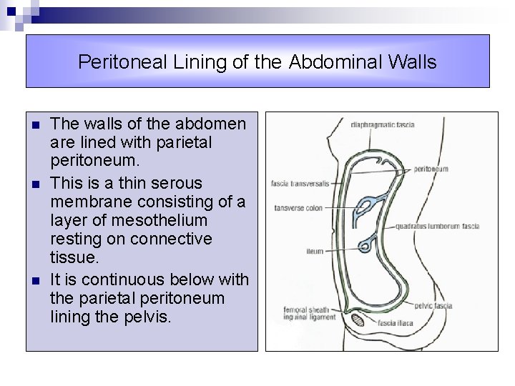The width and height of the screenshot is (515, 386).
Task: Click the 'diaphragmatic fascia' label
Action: coord(382,124)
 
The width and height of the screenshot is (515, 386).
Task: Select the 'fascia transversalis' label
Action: coord(300,184)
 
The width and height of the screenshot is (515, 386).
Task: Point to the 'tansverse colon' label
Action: coord(299,209)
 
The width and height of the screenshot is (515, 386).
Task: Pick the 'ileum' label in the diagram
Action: coord(315,252)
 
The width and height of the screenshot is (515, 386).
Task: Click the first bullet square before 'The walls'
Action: coord(35,125)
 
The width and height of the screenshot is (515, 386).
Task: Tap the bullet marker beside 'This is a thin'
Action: coord(35,184)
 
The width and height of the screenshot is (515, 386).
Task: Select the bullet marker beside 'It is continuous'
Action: coord(35,279)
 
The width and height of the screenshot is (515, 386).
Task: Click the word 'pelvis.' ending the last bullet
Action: coord(147,316)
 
